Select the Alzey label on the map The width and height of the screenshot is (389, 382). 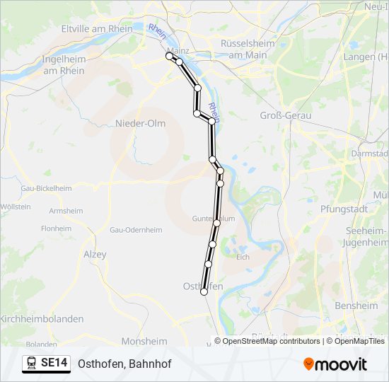point(95,254)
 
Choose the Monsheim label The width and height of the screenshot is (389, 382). point(144,340)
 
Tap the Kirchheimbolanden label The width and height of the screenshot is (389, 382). point(42,319)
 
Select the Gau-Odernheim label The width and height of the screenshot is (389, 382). point(136,230)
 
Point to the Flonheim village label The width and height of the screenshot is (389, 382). point(57,228)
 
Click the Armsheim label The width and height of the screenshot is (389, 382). point(66,211)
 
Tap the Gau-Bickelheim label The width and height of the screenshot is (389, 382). point(46,188)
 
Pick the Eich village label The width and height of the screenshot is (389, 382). point(243,257)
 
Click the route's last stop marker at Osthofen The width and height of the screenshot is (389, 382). point(204,291)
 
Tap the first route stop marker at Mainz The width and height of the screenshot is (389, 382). point(169,55)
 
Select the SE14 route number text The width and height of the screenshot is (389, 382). point(54,364)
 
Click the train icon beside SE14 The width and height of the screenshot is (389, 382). point(32,364)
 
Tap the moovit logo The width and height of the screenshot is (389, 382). point(335,364)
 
